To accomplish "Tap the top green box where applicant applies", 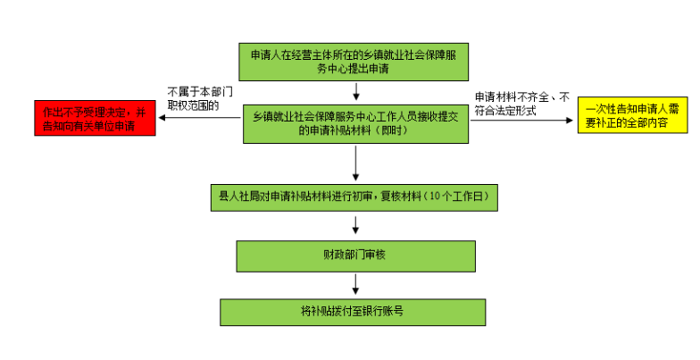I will [x=356, y=61].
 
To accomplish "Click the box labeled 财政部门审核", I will [x=356, y=255].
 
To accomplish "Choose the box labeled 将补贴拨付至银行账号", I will [x=354, y=312].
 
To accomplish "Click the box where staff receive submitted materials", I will [x=356, y=123].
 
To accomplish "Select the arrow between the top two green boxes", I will [x=356, y=91].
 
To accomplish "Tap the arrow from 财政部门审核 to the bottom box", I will [x=356, y=284].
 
